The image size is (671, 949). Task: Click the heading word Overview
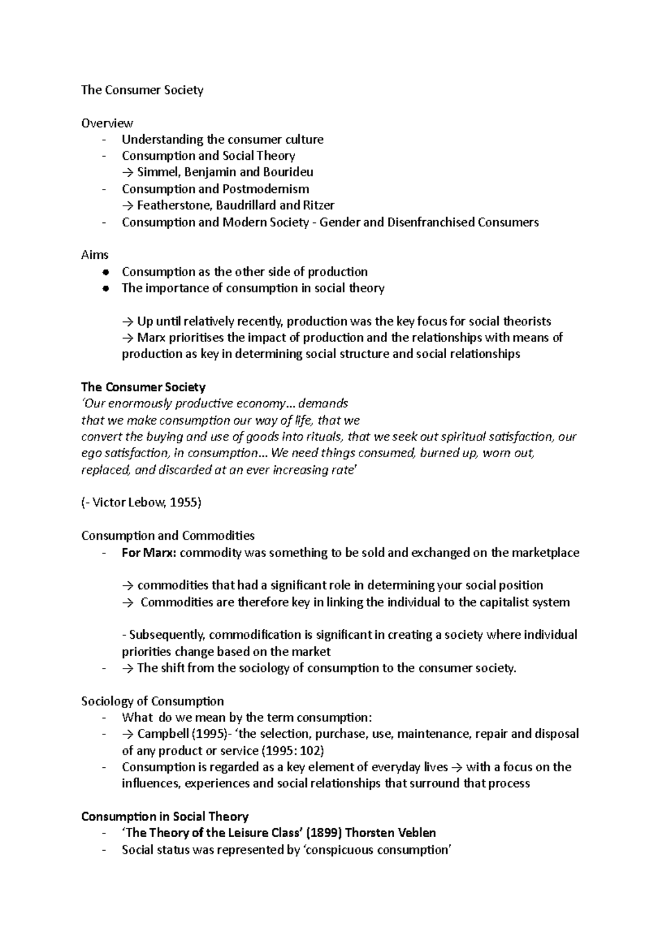click(x=107, y=123)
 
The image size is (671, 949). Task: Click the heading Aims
click(x=94, y=255)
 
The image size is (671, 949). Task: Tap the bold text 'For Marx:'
click(x=149, y=553)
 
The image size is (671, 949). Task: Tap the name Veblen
click(x=415, y=833)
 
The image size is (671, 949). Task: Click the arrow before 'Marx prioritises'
click(x=128, y=338)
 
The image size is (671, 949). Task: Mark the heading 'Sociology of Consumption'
click(x=152, y=701)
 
